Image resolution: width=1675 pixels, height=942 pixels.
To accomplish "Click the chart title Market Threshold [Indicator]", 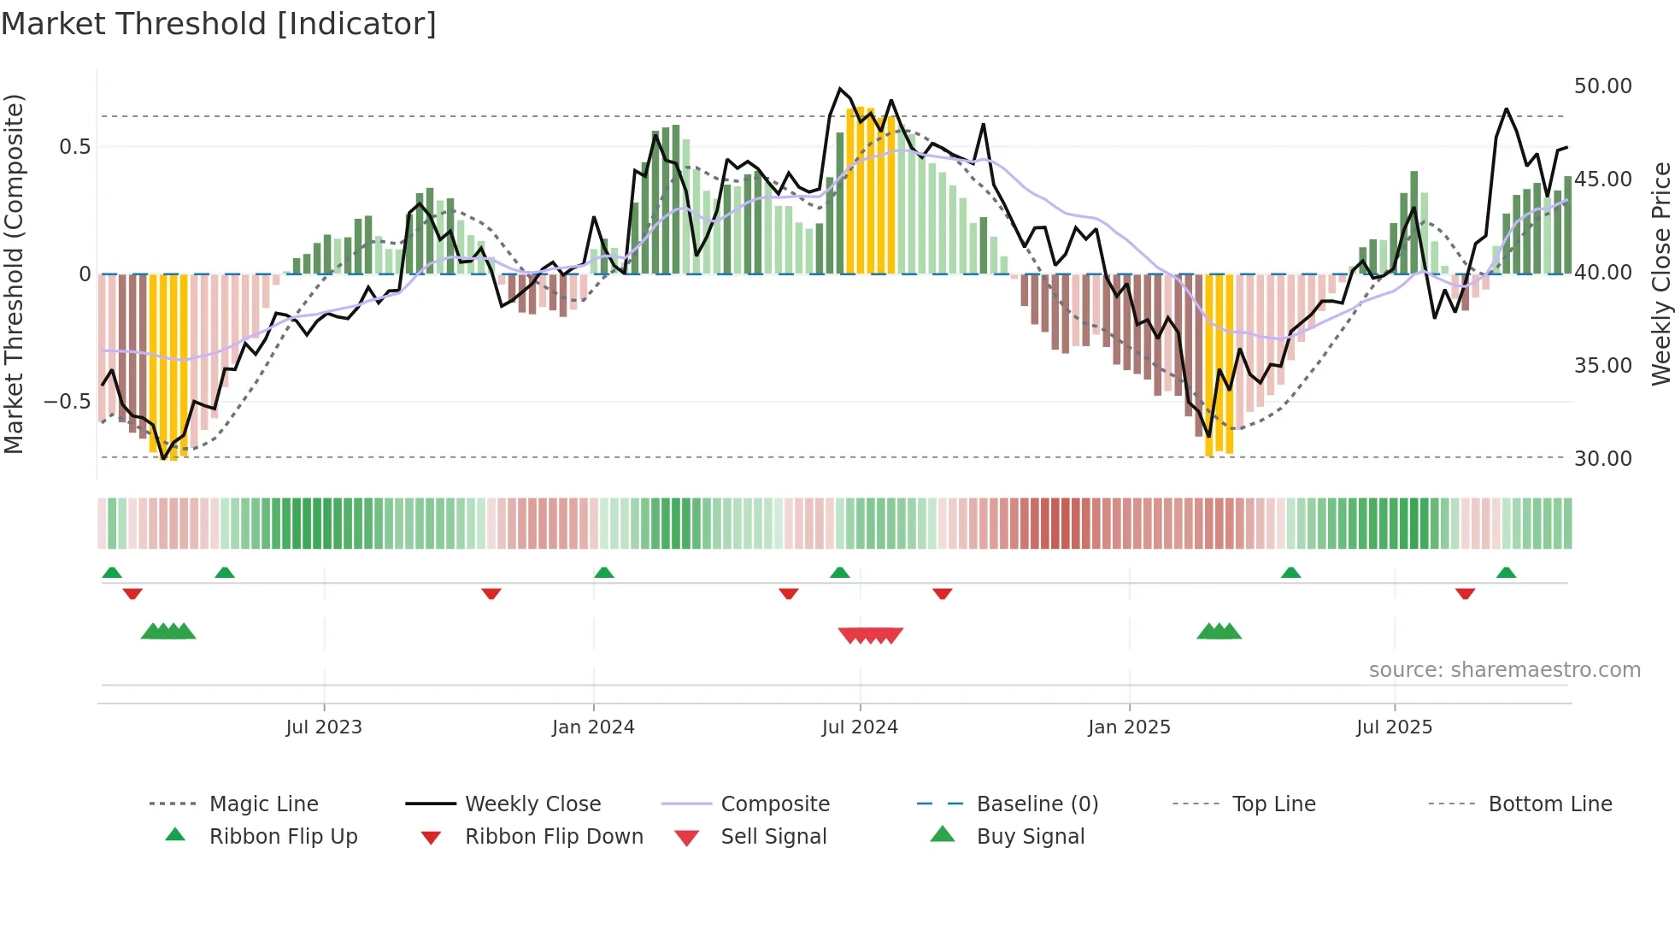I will coord(219,24).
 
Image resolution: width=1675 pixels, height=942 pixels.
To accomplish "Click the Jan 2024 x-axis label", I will coord(593,727).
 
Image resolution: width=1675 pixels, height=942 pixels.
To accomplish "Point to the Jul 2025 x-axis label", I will coord(1394,727).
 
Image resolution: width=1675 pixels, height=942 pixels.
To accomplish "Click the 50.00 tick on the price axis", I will coord(1602,86).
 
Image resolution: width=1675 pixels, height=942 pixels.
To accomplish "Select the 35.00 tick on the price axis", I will coord(1602,366).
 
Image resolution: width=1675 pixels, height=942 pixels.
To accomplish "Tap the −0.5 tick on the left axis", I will coord(67,402).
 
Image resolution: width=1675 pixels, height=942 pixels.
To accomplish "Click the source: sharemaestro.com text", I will coord(1504,670).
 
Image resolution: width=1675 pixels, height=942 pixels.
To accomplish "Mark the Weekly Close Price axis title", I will coord(1660,274).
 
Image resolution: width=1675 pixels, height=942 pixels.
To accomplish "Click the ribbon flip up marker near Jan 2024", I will coord(604,573).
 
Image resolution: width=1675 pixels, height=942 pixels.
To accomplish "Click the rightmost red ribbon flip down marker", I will coord(1465,593).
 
